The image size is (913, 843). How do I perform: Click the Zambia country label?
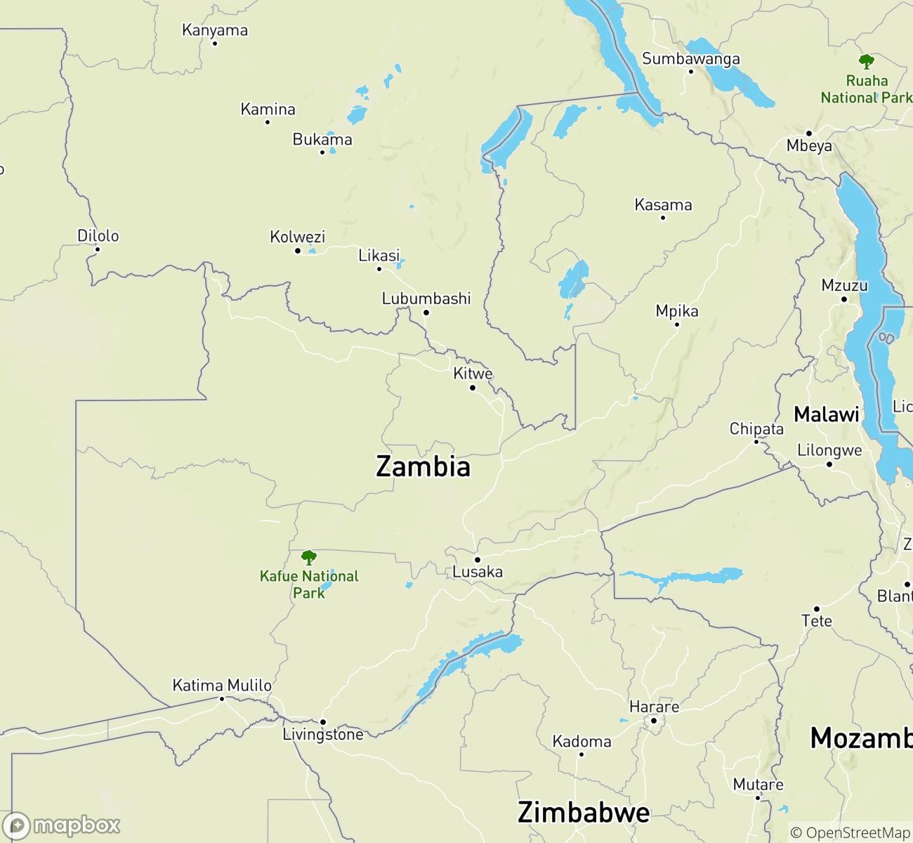[x=423, y=467]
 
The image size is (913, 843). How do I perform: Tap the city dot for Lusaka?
[x=478, y=560]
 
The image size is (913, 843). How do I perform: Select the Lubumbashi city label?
[x=426, y=299]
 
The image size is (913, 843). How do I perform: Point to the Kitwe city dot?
[x=473, y=388]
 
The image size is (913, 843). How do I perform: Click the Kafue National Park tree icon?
[x=308, y=558]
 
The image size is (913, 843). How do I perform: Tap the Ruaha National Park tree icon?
[x=867, y=62]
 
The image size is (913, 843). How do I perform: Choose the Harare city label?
[x=654, y=707]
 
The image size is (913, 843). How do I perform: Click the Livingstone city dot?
[x=323, y=722]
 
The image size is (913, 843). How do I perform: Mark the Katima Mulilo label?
[x=222, y=685]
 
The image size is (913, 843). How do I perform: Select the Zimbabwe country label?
[x=584, y=813]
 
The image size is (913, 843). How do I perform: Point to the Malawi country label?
[x=826, y=414]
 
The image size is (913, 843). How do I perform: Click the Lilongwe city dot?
[x=829, y=464]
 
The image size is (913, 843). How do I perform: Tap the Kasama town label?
[x=663, y=205]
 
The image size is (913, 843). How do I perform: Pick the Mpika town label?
[x=677, y=311]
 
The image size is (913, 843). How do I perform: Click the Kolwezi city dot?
[x=298, y=251]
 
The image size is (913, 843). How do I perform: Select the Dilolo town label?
[x=98, y=236]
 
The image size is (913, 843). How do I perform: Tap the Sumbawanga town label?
[x=690, y=59]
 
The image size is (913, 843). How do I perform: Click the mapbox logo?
[x=61, y=825]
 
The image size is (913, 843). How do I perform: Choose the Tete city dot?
[x=817, y=609]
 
